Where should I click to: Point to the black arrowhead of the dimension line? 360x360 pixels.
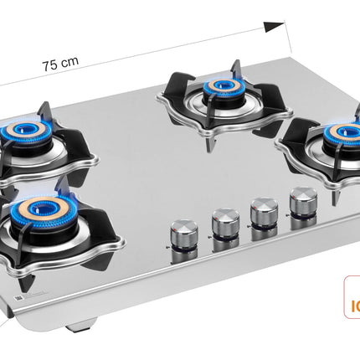(274, 27)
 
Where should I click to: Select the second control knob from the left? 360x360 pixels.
(225, 221)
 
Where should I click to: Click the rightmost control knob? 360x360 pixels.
(302, 200)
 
